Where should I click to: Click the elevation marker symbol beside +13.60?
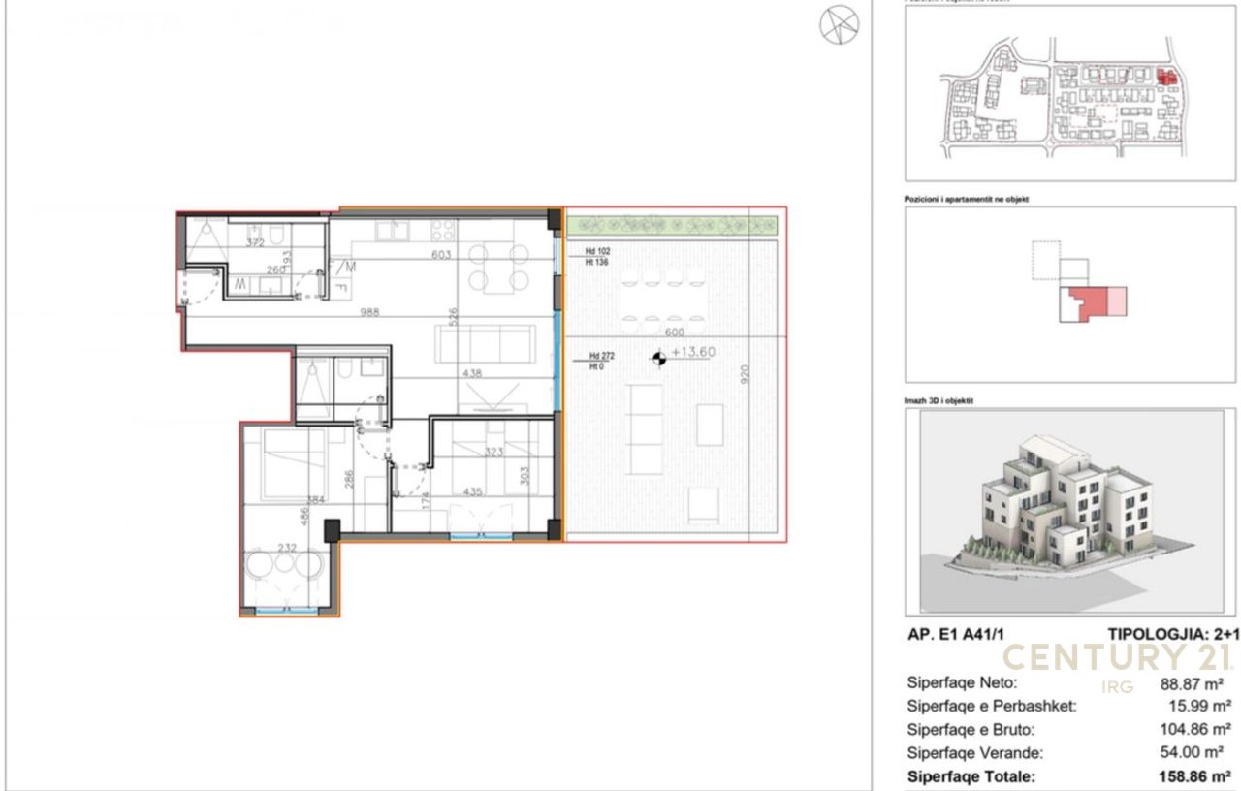660,359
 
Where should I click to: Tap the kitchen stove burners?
442,231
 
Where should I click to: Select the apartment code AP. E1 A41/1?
962,634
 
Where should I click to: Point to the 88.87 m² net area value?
1195,682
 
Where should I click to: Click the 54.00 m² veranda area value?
1195,752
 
